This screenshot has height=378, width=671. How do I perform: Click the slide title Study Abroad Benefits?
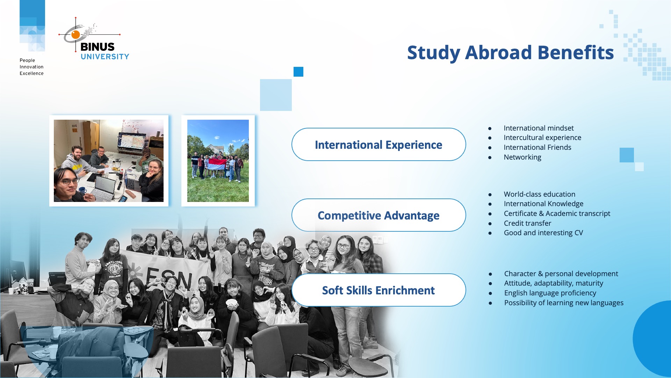point(510,52)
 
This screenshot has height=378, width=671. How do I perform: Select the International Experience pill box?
point(378,145)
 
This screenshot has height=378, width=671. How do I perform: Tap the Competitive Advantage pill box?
point(378,215)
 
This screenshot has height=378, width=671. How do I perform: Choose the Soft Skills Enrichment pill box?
point(378,290)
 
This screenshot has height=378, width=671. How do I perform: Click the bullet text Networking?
point(522,157)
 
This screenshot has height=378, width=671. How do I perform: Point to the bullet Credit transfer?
point(527,223)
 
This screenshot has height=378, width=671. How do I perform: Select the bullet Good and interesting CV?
point(543,233)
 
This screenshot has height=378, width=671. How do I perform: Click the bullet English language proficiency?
point(550,293)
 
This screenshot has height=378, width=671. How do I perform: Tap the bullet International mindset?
point(538,128)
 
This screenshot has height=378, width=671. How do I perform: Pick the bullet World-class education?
point(539,194)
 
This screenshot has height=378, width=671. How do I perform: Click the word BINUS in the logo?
point(98,47)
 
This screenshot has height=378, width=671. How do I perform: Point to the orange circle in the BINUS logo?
point(75,34)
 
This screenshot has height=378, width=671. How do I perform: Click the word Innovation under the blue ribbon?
point(31,67)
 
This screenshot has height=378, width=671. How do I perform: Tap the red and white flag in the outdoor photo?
point(217,164)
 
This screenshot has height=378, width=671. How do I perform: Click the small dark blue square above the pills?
point(298,72)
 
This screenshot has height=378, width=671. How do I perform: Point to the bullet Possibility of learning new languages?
point(563,303)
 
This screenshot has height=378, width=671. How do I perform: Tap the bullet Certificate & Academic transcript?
point(557,213)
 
